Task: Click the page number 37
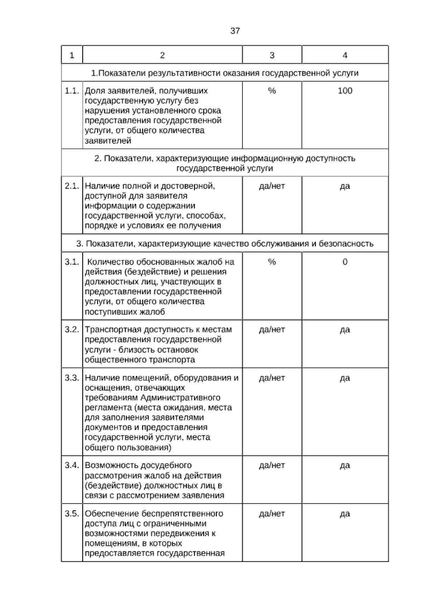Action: click(235, 31)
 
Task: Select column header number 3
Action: click(272, 55)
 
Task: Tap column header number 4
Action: click(345, 55)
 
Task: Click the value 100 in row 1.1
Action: click(345, 91)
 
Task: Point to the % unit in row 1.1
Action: click(272, 91)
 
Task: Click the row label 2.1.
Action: click(72, 186)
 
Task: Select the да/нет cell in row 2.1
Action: click(272, 186)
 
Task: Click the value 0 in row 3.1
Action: click(345, 262)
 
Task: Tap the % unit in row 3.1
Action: click(272, 262)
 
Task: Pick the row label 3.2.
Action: click(72, 329)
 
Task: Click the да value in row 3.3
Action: click(345, 378)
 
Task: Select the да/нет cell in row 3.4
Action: click(272, 465)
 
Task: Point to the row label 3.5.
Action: click(72, 514)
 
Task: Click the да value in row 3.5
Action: click(345, 514)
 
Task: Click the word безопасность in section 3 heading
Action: click(346, 244)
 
